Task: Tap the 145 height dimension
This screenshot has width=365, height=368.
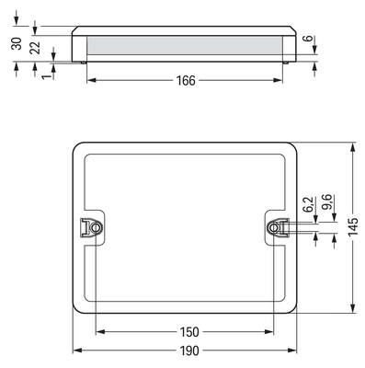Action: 352,227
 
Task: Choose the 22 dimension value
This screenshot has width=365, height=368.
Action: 34,48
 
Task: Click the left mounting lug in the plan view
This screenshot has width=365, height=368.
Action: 91,225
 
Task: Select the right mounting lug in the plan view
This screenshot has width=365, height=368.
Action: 275,225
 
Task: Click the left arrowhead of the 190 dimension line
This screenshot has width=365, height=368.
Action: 76,351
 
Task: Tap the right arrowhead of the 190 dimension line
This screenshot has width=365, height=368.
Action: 297,351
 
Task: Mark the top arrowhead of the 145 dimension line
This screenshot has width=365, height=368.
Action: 352,145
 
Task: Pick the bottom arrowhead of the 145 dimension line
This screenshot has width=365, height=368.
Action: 352,309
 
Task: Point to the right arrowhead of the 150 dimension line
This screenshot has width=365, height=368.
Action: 273,331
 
